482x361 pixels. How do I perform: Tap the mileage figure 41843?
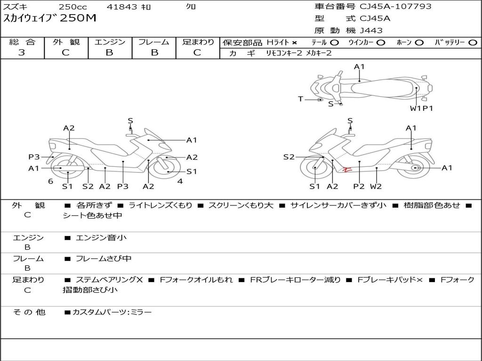(122, 7)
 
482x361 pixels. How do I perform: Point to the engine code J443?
(371, 31)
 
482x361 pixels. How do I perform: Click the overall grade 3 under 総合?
(22, 53)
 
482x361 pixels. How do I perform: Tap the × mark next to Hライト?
(294, 43)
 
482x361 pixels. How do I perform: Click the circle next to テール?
(334, 43)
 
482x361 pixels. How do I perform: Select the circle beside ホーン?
(419, 43)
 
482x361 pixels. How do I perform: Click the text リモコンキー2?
(285, 54)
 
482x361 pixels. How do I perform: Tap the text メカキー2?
(319, 54)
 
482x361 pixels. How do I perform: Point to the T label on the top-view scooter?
(300, 99)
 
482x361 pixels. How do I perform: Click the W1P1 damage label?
(421, 109)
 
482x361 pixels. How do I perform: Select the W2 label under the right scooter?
(376, 186)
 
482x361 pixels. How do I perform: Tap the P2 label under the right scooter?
(359, 186)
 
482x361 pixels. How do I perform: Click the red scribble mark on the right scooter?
(347, 170)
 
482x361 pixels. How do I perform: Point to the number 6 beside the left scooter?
(50, 181)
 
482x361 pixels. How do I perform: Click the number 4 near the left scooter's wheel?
(180, 181)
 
